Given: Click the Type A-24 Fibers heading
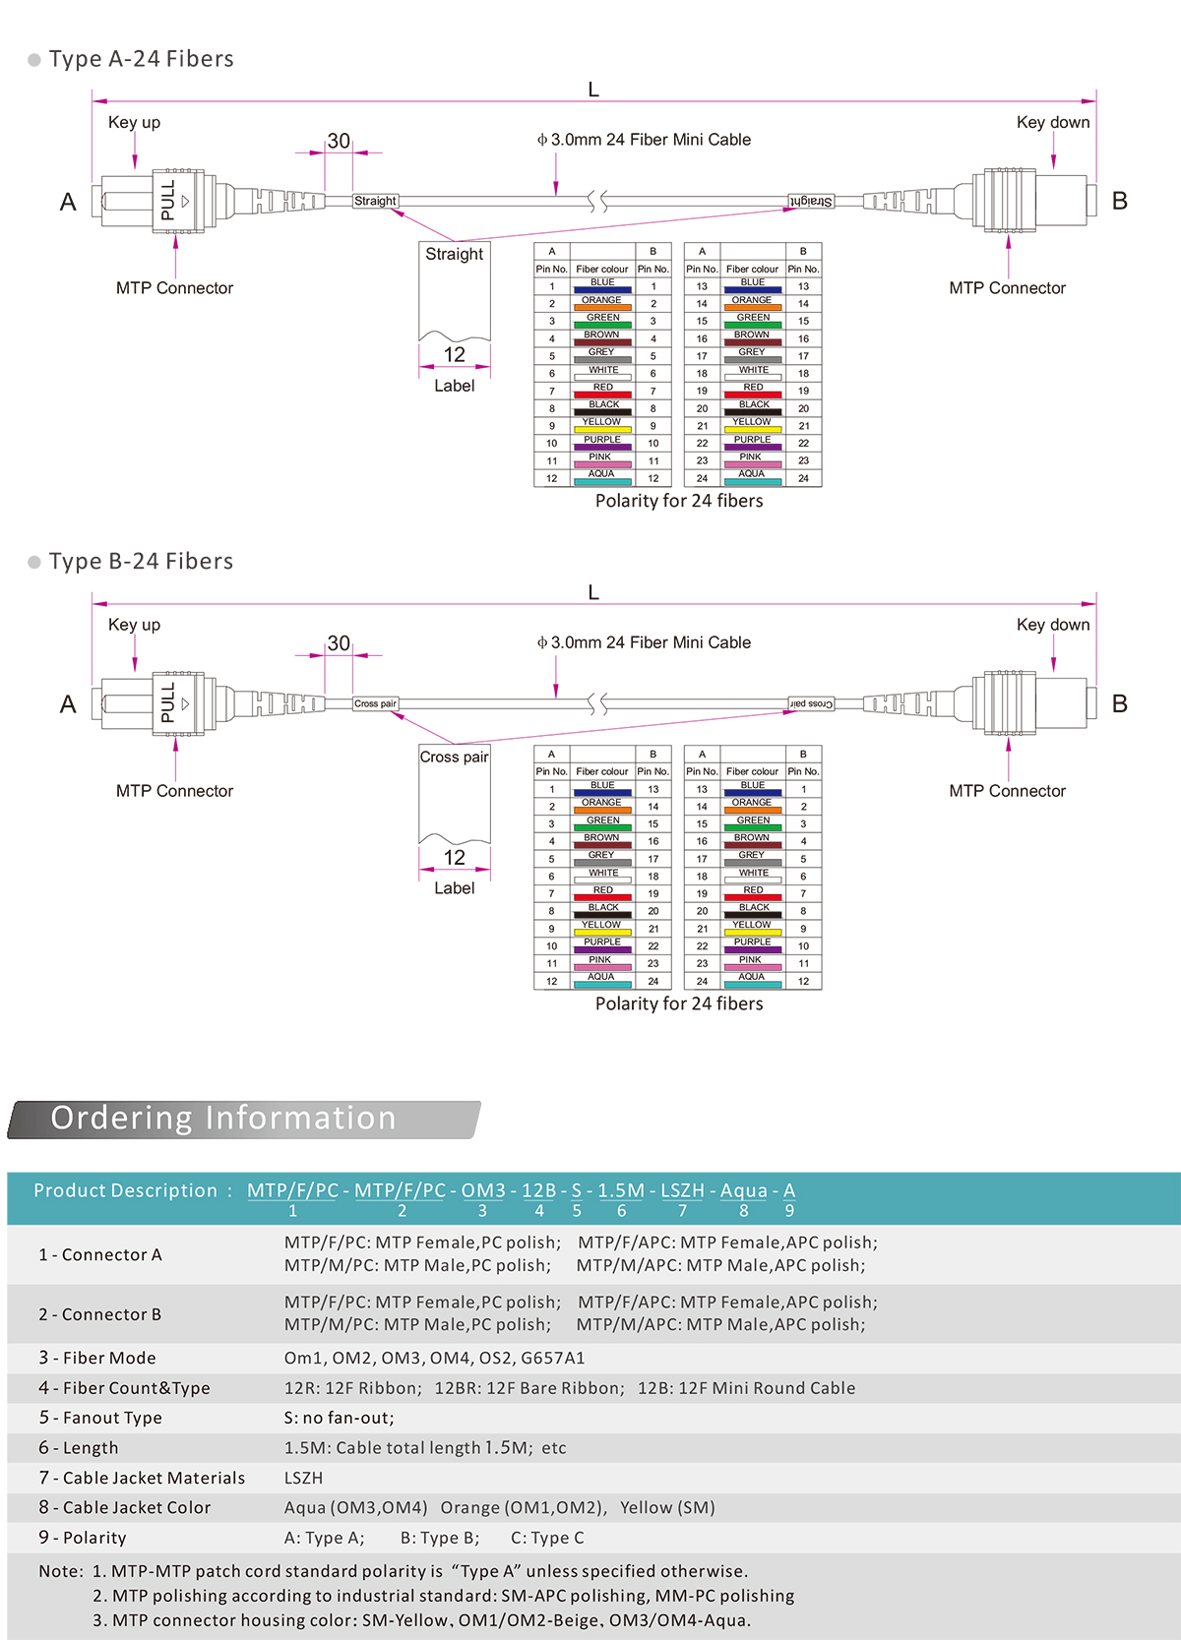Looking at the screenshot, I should [141, 59].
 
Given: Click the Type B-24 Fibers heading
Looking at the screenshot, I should [141, 562].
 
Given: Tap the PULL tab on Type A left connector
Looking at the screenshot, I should [167, 201].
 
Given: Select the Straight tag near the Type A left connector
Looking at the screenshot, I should [375, 201].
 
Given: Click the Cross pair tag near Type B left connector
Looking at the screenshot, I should [375, 703].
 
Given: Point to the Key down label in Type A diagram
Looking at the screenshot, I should [1052, 122].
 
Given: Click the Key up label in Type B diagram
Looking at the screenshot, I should [134, 625].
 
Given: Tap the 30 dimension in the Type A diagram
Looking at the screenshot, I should [339, 141].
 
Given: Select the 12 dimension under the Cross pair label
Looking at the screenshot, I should [454, 857].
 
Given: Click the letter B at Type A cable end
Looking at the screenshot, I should [1119, 201].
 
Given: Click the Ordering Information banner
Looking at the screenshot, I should [223, 1119].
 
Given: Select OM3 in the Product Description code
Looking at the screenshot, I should [483, 1190].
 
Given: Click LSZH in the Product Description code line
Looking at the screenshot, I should [682, 1190].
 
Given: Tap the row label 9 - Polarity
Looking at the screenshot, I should [83, 1538].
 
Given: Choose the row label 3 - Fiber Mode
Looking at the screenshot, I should [97, 1358].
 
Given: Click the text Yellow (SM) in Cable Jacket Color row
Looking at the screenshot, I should [667, 1507].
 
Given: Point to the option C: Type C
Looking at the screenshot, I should [547, 1538].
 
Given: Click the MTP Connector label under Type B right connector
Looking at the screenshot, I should [1007, 791].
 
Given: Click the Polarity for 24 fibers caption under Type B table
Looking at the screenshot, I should [679, 1003].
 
